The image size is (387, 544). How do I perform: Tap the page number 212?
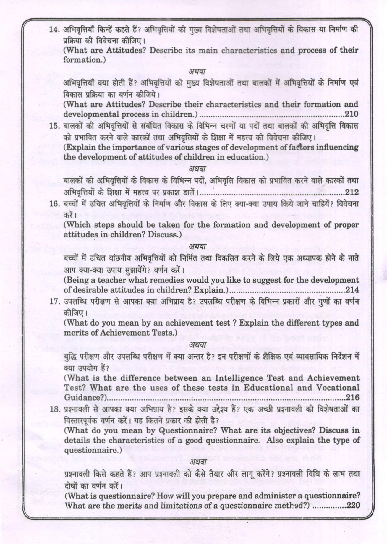tap(352, 192)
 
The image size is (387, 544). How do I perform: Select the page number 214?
tap(352, 290)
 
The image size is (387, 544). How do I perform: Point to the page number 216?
tap(352, 397)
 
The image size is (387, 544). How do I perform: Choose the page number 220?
tap(353, 505)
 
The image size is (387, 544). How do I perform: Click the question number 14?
tap(54, 30)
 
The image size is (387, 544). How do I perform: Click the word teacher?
tap(114, 280)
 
